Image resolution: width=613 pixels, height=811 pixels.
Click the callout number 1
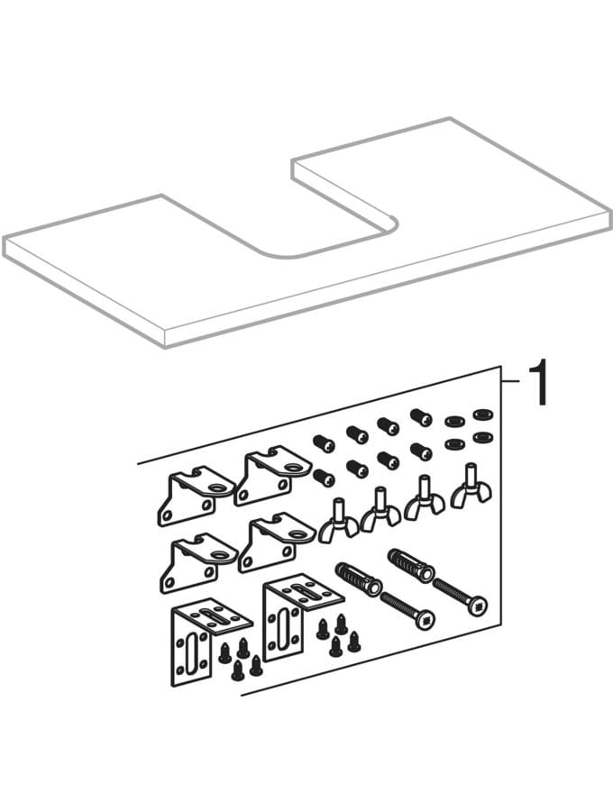click(x=538, y=384)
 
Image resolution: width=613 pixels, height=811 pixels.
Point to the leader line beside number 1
click(x=510, y=382)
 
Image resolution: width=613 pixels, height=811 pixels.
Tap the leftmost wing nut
click(x=339, y=520)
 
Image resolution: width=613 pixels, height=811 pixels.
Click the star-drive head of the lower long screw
click(x=424, y=617)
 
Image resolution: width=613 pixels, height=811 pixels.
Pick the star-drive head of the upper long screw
click(x=478, y=605)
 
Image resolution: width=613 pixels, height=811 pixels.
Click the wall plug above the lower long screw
click(x=359, y=579)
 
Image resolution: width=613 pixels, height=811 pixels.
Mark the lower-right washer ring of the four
click(x=482, y=436)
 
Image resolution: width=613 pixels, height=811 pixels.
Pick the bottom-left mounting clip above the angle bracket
click(x=199, y=562)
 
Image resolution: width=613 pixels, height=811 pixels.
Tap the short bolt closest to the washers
click(x=421, y=417)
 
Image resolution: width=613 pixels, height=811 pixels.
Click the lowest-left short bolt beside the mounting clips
click(x=325, y=478)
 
